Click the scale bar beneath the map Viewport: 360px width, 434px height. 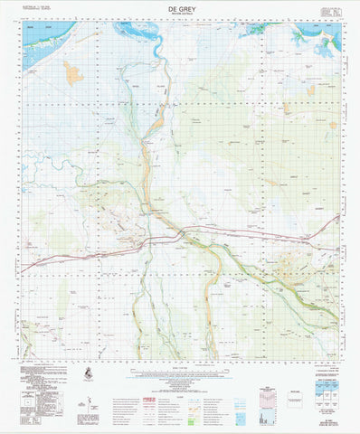click(181, 366)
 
